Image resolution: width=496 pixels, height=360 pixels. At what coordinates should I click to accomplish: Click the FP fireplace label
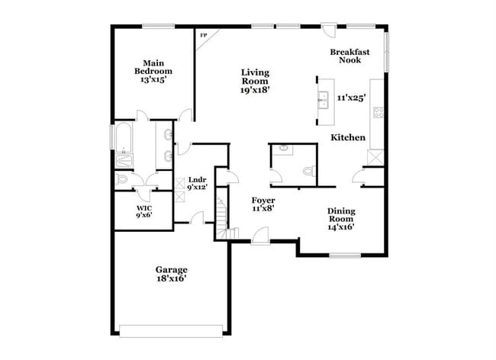[x=203, y=36]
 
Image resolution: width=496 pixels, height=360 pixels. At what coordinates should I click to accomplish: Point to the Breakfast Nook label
[x=350, y=56]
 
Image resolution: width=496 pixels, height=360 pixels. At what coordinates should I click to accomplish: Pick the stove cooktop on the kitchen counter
[x=376, y=114]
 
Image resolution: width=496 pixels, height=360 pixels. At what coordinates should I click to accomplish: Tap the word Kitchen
[x=347, y=138]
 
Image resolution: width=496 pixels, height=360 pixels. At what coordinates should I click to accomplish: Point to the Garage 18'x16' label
[x=172, y=274]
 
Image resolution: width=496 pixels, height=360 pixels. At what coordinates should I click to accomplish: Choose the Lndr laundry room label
[x=197, y=183]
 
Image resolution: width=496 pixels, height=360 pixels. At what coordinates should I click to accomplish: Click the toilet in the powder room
[x=309, y=172]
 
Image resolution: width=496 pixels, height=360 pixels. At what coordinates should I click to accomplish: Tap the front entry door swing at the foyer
[x=259, y=235]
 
